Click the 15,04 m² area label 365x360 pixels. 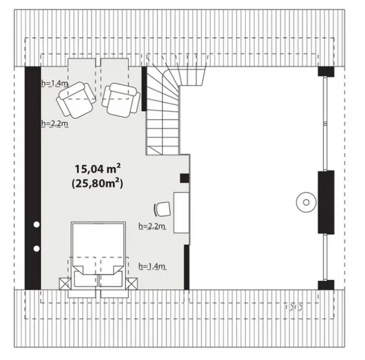point(98,169)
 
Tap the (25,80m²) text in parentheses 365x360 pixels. point(98,184)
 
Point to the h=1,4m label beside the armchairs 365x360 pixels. point(54,83)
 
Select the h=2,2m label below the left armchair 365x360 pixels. point(54,123)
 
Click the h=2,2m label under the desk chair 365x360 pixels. point(152,226)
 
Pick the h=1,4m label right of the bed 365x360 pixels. point(152,266)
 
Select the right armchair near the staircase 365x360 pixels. point(121,100)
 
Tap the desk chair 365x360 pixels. point(162,209)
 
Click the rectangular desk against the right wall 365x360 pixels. point(181,213)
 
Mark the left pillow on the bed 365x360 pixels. point(85,279)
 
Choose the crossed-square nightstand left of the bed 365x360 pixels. point(65,284)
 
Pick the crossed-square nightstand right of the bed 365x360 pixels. point(131,284)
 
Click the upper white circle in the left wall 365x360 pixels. point(36,224)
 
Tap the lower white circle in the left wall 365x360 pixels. point(36,249)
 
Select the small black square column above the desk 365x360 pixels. point(184,178)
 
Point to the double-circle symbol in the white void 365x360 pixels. point(306,202)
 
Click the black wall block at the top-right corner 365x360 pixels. point(326,71)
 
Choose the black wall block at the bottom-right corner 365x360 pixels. point(326,285)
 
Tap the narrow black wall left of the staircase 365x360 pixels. point(144,89)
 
